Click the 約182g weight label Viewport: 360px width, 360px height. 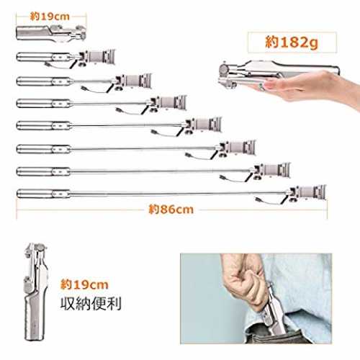click(292, 42)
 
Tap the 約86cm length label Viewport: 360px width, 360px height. click(171, 210)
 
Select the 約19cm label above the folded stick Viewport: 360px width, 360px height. click(50, 17)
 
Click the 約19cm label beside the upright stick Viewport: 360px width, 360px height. click(84, 284)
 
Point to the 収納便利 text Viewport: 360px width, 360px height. click(91, 304)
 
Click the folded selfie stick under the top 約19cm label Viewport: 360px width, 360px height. click(51, 33)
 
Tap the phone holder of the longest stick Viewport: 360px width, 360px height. click(308, 192)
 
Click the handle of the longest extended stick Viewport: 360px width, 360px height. click(43, 194)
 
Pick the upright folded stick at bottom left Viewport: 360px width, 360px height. click(35, 292)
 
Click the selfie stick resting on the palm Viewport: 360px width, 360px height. click(279, 72)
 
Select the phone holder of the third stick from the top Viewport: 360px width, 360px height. click(133, 81)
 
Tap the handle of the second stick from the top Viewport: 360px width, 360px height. click(43, 57)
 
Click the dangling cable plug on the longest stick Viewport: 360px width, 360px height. click(258, 199)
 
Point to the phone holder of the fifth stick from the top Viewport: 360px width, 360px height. click(203, 125)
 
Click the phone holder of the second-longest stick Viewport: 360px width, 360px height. click(272, 171)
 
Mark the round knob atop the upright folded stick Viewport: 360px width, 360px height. click(40, 247)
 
